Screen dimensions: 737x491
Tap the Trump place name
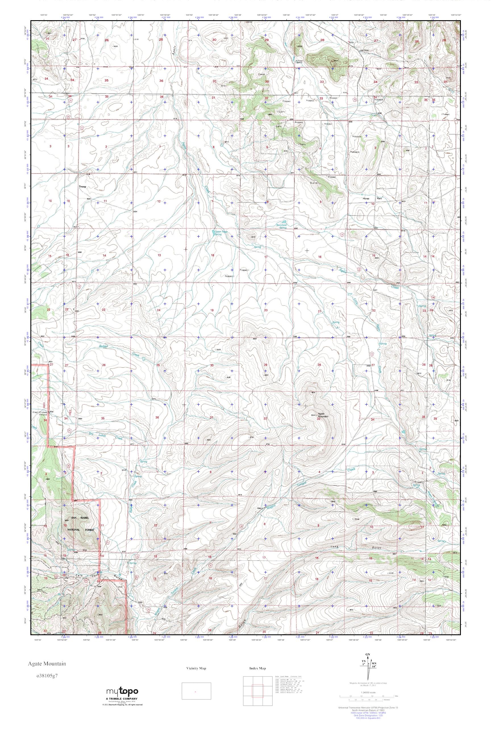click(x=82, y=187)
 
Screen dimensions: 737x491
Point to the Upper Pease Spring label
click(x=218, y=233)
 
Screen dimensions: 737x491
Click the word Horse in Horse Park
click(x=366, y=199)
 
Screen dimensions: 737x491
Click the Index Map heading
click(x=258, y=668)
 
